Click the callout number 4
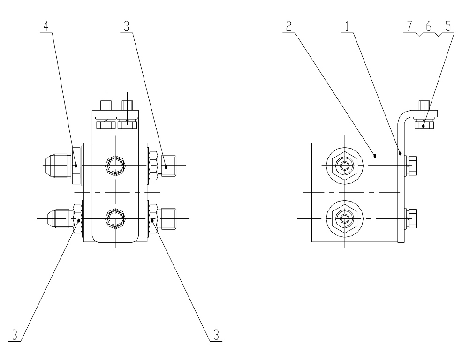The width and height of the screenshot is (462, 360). [46, 26]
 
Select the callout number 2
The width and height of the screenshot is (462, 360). [289, 26]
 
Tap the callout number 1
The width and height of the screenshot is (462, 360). [347, 26]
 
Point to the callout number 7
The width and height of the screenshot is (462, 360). [409, 26]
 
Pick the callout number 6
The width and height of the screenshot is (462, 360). [429, 26]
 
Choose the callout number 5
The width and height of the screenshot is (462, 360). [448, 26]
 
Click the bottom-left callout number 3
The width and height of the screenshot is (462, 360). [15, 335]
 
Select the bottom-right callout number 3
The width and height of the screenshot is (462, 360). [217, 335]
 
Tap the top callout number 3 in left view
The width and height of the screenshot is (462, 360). [126, 26]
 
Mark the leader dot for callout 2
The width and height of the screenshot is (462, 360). [375, 156]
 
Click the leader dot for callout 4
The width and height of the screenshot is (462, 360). [76, 166]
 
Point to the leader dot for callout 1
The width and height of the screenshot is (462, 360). [401, 153]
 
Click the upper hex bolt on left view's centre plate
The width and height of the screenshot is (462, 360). [115, 166]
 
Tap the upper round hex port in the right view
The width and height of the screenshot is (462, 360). [345, 166]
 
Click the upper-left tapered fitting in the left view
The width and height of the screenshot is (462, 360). [58, 166]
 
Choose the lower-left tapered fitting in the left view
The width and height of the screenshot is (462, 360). [60, 218]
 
